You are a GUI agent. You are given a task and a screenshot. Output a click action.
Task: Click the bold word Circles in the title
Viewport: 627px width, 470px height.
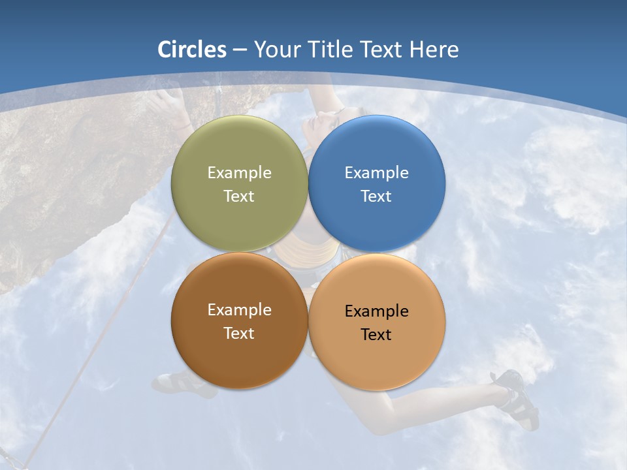tap(192, 50)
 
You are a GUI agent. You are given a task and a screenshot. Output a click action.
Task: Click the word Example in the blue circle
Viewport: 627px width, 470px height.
tap(376, 173)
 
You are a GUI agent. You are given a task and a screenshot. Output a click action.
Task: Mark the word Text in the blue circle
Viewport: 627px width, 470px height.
tap(376, 196)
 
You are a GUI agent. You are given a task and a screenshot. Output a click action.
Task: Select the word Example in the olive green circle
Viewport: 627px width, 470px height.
tap(239, 173)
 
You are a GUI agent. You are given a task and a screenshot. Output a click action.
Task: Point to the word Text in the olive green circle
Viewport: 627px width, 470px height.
tap(239, 196)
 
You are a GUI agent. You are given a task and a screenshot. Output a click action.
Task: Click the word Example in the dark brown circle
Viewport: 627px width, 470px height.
tap(239, 310)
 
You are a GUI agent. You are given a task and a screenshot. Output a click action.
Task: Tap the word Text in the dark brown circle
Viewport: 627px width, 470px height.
tap(239, 334)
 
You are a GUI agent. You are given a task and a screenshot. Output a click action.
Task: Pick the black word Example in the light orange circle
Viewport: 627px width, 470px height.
tap(376, 311)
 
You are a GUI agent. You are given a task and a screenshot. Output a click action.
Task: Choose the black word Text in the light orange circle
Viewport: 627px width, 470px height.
tap(376, 335)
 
